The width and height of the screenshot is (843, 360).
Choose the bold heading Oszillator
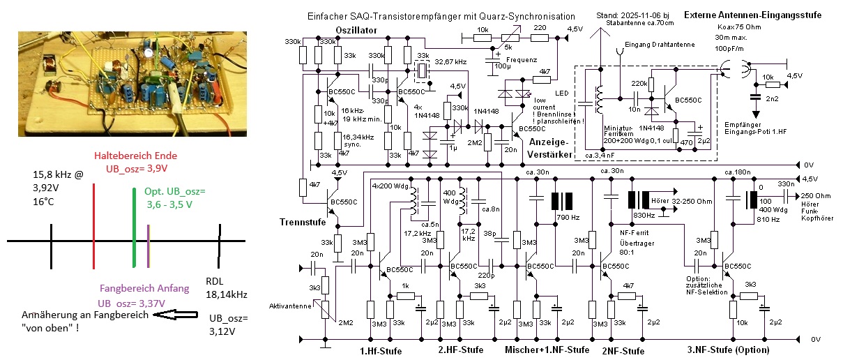[x=356, y=30]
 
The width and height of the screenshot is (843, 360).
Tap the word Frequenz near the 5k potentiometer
[x=522, y=59]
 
